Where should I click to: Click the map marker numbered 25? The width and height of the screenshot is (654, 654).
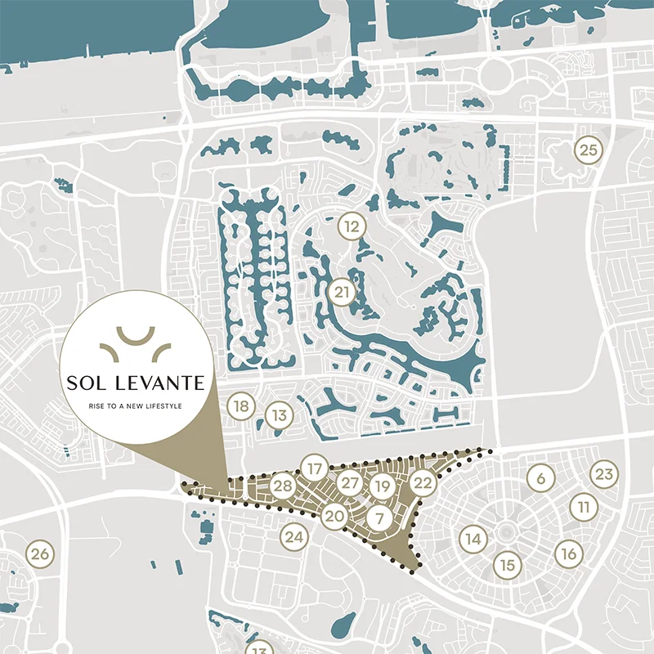click(x=588, y=150)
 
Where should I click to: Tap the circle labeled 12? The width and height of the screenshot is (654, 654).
click(x=352, y=226)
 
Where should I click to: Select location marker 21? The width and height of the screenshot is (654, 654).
click(x=343, y=292)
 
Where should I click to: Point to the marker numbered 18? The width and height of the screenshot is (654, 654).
click(x=240, y=406)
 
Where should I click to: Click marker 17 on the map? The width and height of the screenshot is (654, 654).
click(x=314, y=468)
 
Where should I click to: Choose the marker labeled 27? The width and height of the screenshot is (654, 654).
click(x=350, y=483)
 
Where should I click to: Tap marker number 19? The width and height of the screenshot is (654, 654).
click(x=381, y=486)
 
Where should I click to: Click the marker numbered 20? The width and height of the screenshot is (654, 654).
click(x=334, y=516)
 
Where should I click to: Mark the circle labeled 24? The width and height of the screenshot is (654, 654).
click(x=294, y=537)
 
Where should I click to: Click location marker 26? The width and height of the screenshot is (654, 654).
click(x=39, y=554)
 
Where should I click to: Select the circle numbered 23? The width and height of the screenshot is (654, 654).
click(x=603, y=474)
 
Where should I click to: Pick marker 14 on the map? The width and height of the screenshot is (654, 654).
click(x=473, y=539)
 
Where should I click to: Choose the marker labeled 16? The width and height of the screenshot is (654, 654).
click(x=569, y=553)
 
